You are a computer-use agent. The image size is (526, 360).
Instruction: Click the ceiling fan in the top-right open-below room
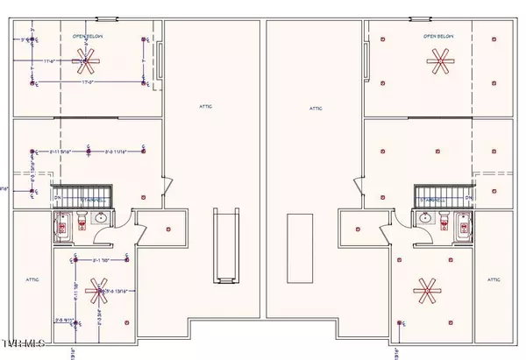(440, 60)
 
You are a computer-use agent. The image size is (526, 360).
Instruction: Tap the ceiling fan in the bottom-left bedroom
(96, 291)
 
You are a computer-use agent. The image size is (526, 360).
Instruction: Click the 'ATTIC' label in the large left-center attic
(204, 107)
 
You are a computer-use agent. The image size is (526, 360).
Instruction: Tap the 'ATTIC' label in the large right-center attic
(316, 109)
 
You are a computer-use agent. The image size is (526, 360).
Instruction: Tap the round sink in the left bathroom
(101, 218)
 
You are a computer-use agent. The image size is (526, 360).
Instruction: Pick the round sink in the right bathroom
(424, 218)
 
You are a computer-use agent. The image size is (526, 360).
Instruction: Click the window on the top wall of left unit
(107, 18)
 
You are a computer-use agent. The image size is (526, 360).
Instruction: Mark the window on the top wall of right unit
(419, 18)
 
